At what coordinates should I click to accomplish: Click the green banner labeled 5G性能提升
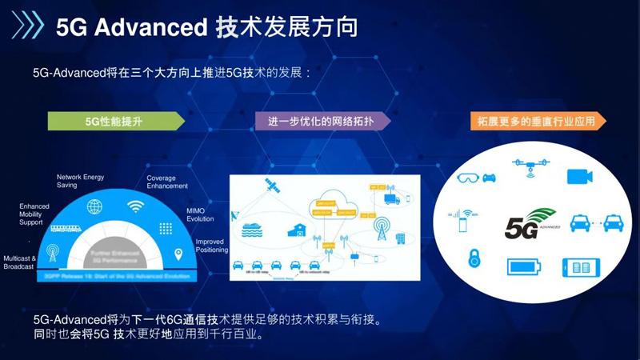click(117, 121)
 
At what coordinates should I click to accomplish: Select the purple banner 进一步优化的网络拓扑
click(323, 121)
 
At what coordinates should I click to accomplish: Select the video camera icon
click(579, 176)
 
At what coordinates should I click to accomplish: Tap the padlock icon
click(474, 258)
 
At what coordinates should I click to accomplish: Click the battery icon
click(526, 266)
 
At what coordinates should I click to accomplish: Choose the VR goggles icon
click(467, 177)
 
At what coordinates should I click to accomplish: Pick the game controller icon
click(490, 177)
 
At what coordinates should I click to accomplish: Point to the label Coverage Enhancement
click(167, 182)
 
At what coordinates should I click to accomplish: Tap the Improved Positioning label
click(210, 245)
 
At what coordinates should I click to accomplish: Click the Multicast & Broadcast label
click(19, 262)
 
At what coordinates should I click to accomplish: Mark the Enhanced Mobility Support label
click(34, 214)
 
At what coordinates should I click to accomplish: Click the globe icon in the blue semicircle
click(94, 207)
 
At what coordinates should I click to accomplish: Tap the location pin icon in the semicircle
click(178, 254)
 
